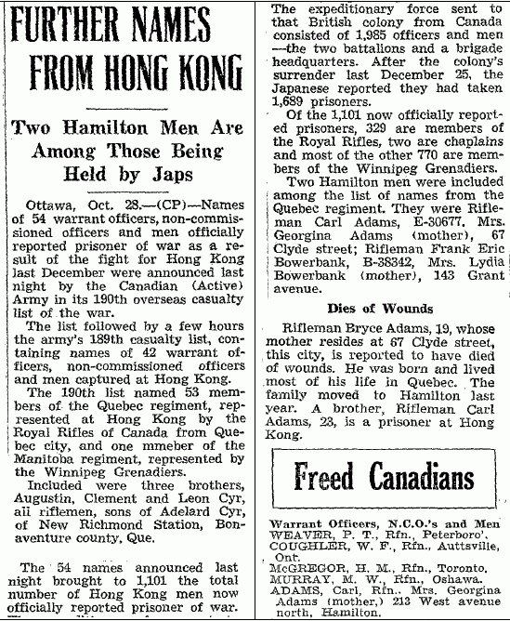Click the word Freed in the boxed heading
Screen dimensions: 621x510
click(328, 480)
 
